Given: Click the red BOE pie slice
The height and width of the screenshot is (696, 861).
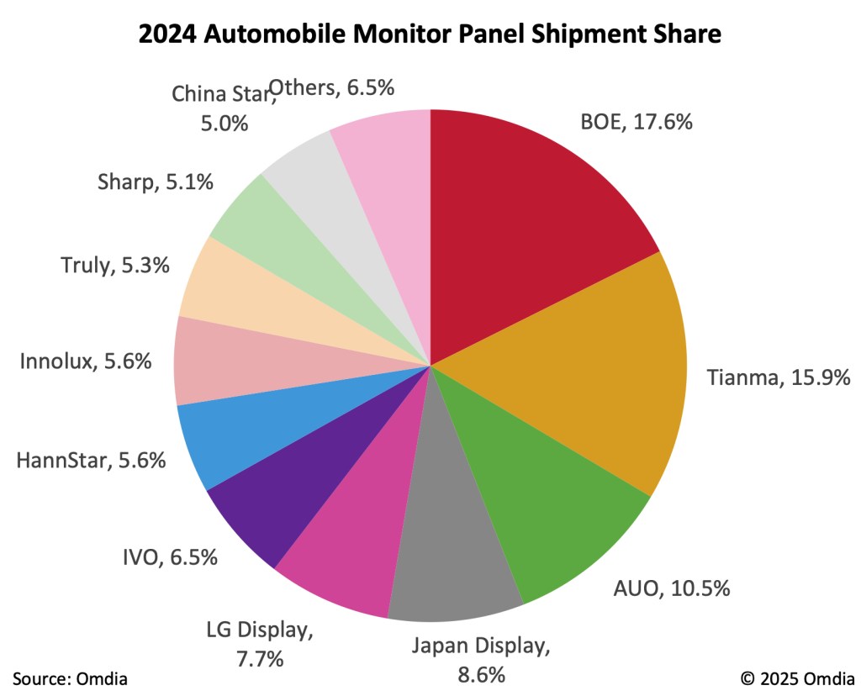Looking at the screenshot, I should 521,227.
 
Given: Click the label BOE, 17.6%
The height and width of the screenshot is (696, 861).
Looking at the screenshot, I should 637,122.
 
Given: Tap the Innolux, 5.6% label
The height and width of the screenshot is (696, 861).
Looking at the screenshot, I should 86,361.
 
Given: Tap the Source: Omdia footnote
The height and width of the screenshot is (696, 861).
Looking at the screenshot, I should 70,678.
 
